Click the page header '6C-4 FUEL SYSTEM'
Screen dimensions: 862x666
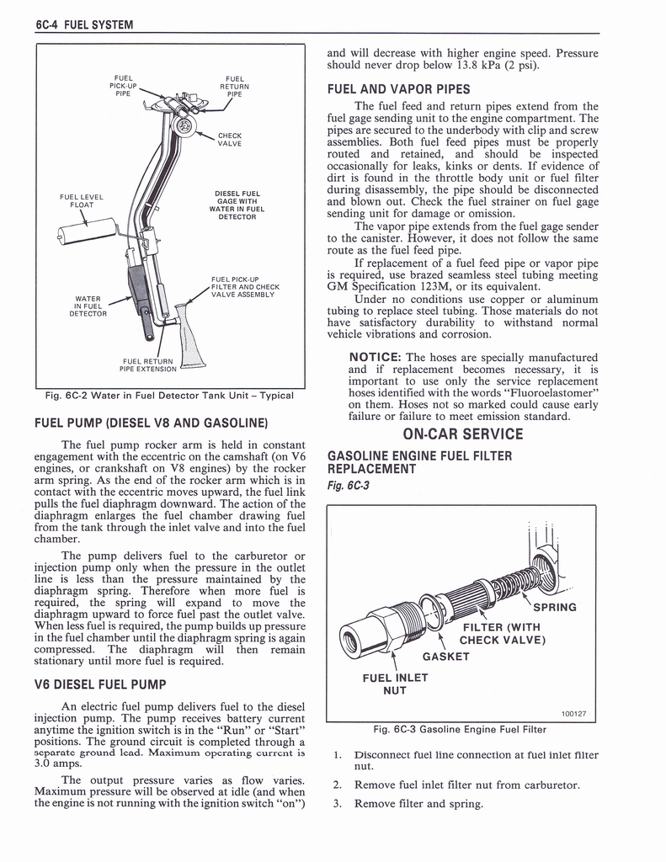85,24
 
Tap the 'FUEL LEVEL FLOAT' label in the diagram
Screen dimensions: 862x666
81,201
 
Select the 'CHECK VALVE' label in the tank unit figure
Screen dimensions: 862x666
229,139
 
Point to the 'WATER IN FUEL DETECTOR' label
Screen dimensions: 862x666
88,306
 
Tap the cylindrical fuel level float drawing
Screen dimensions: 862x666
86,230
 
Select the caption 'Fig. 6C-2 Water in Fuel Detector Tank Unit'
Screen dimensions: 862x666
169,396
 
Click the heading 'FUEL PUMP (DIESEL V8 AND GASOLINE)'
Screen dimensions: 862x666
151,422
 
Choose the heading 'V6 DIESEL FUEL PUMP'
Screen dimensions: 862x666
100,684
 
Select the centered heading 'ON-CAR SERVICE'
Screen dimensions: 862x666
462,434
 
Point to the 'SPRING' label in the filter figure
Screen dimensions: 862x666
555,607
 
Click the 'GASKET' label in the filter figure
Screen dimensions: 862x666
445,657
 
